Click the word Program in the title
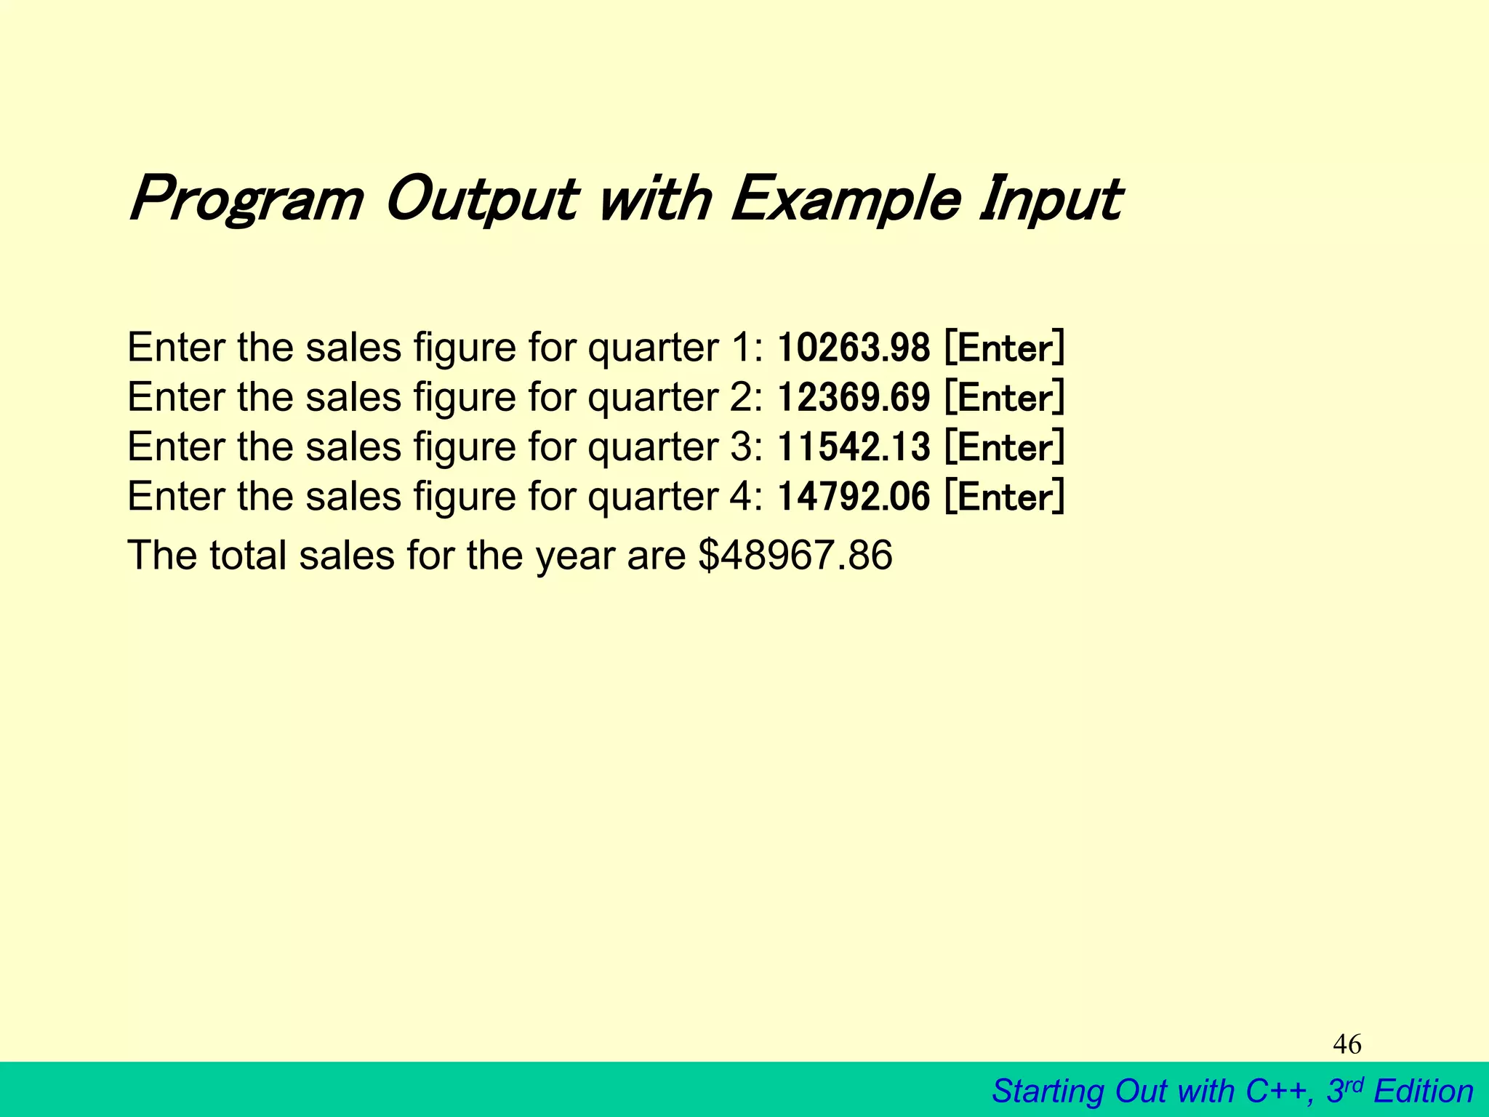tap(246, 199)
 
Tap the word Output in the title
tap(481, 199)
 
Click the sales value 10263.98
tap(853, 348)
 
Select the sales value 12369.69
tap(853, 398)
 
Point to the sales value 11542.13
tap(853, 447)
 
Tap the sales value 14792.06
tap(853, 497)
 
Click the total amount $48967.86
tap(795, 556)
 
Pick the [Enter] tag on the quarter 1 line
tap(1005, 348)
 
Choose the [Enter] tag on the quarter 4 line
tap(1005, 497)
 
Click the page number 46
tap(1346, 1045)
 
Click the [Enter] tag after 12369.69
tap(1005, 398)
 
